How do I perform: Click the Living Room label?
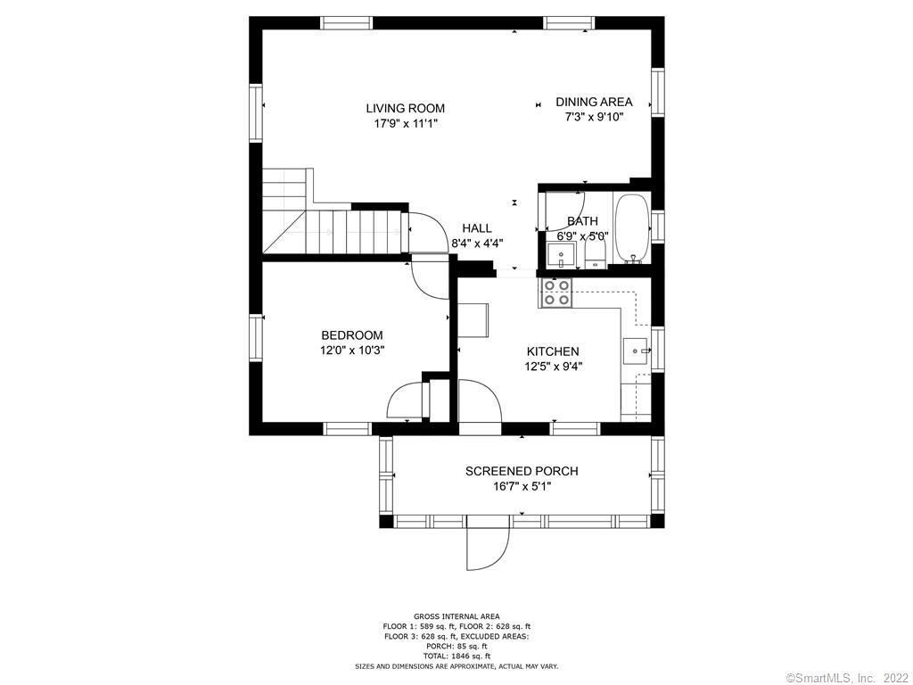coord(406,108)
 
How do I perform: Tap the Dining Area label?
coord(594,102)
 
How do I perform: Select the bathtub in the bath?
coord(632,228)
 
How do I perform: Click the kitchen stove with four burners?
coord(556,293)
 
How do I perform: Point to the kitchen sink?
coord(637,351)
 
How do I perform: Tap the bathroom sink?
coord(562,256)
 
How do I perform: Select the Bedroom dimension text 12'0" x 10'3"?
coord(352,351)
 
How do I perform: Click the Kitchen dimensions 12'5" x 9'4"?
coord(553,367)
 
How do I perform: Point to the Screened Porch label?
coord(522,471)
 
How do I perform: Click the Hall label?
coord(477,228)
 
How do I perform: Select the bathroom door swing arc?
coord(563,210)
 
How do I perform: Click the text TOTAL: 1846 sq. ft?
coord(456,656)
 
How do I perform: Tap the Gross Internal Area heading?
coord(456,616)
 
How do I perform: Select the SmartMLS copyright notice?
coord(847,678)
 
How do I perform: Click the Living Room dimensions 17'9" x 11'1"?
coord(406,123)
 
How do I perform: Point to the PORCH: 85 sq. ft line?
coord(456,646)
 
